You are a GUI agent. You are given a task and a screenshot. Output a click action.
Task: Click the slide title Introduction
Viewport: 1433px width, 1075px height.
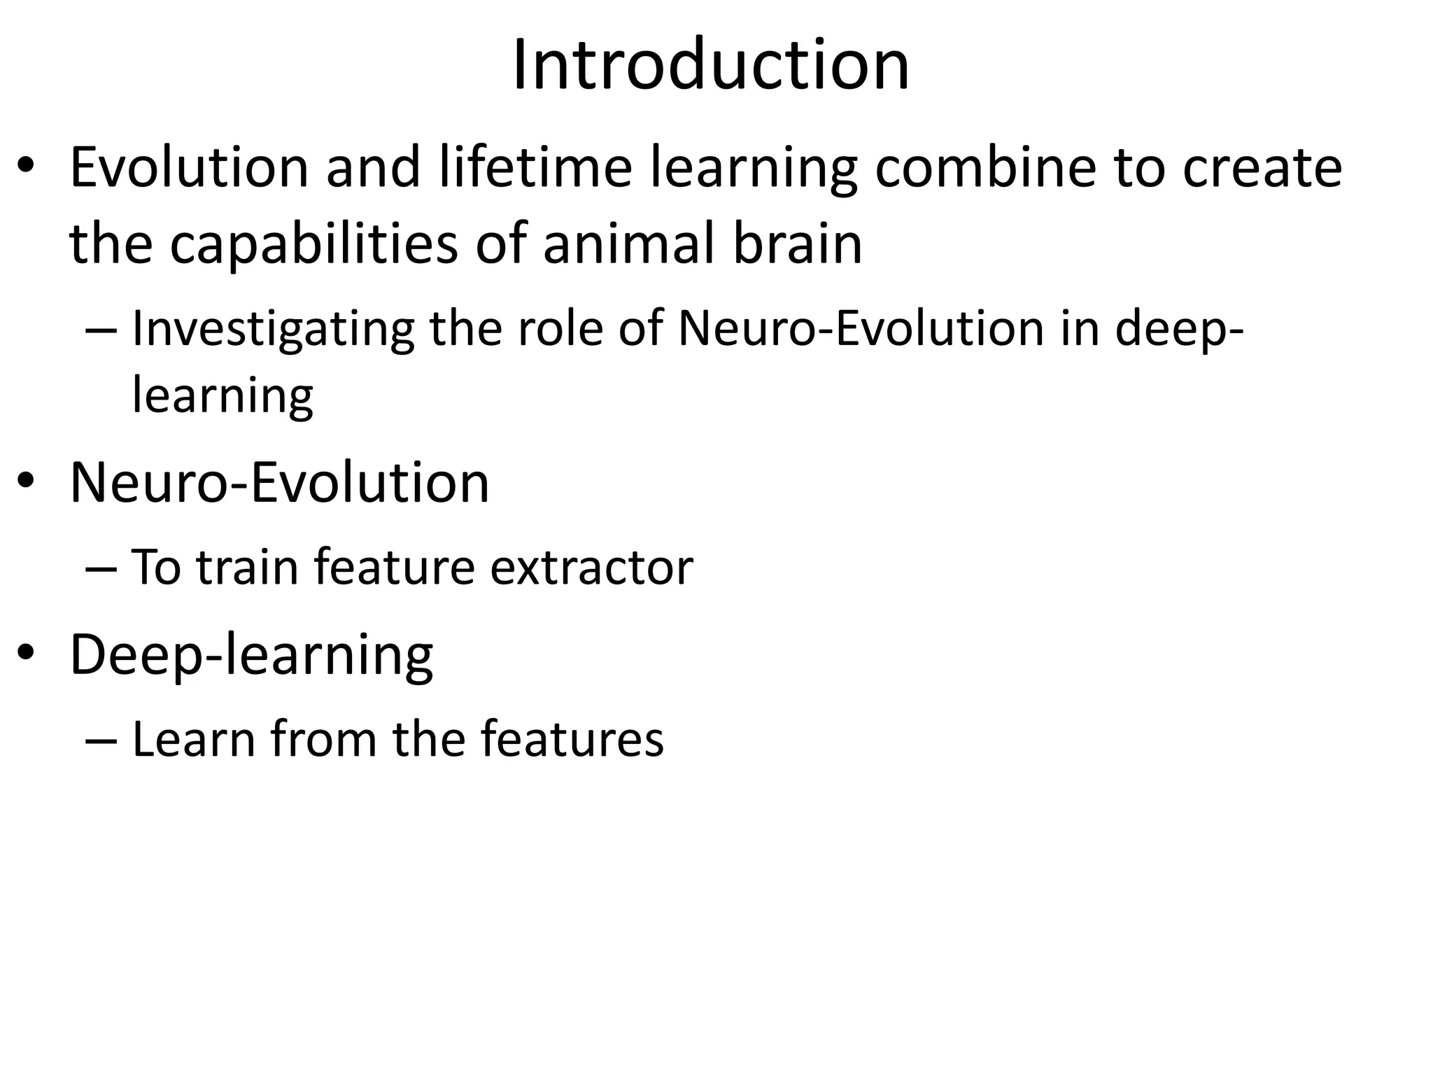coord(711,65)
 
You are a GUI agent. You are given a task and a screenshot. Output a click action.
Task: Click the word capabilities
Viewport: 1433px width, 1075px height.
coord(313,245)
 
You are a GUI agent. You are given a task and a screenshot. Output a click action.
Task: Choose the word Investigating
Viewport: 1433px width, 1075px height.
coord(273,329)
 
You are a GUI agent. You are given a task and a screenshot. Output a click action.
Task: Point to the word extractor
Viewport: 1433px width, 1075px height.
coord(591,568)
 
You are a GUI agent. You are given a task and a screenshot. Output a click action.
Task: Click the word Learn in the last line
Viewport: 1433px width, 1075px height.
coord(193,739)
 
